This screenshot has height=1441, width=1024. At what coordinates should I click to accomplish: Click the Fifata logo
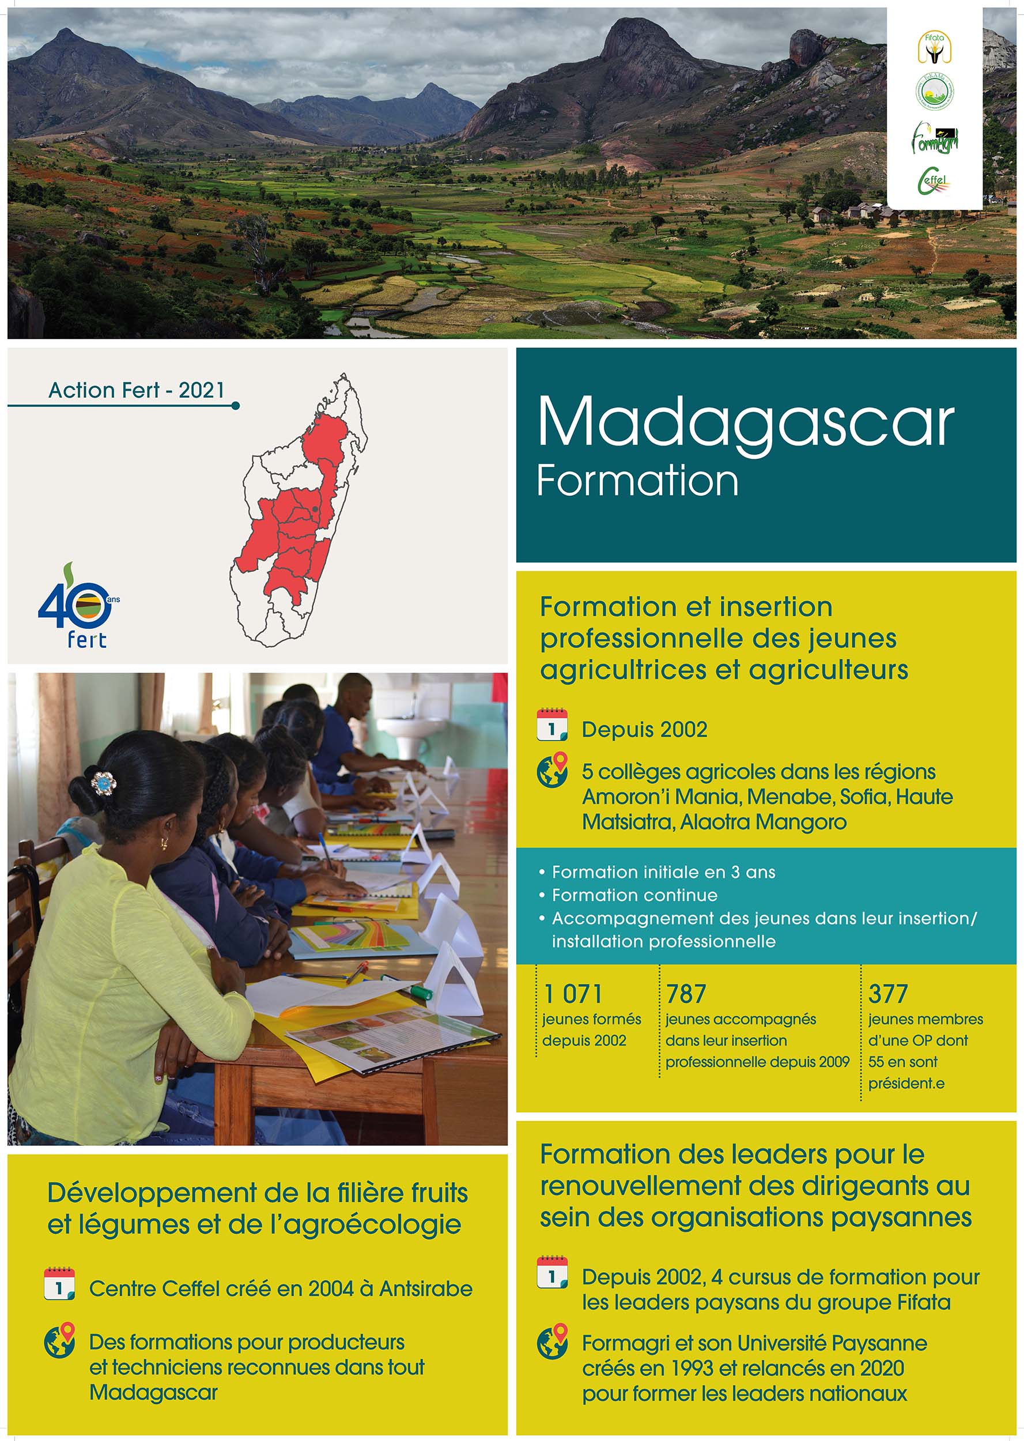pyautogui.click(x=934, y=48)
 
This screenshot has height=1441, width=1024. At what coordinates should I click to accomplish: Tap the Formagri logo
pyautogui.click(x=935, y=138)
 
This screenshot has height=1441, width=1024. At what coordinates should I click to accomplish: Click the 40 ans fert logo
pyautogui.click(x=79, y=605)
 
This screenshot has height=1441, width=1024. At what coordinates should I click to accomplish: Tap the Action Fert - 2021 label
pyautogui.click(x=136, y=390)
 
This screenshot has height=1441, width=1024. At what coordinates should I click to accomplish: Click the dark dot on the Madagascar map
pyautogui.click(x=314, y=508)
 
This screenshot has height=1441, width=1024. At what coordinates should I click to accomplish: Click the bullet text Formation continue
pyautogui.click(x=634, y=895)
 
